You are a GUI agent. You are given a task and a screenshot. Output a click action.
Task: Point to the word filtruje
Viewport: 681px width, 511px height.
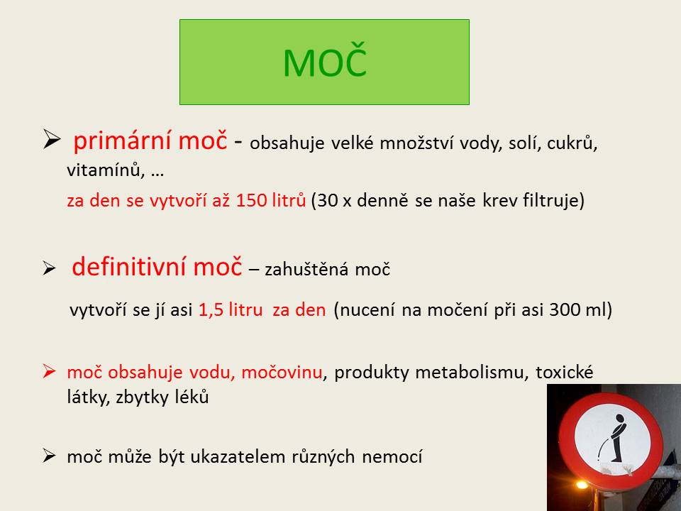tap(554, 201)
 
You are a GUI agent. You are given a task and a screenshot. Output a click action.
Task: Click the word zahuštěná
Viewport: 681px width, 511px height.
tap(306, 270)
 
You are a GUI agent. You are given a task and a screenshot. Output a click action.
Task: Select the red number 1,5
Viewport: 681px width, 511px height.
tap(211, 310)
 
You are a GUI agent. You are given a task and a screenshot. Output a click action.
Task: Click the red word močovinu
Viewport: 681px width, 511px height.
tap(282, 373)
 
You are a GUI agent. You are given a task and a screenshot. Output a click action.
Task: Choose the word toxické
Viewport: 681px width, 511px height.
tap(564, 373)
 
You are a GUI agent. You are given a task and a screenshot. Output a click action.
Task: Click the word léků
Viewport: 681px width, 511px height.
tap(192, 397)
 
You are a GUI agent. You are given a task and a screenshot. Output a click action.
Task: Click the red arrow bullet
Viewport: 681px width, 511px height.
tap(49, 371)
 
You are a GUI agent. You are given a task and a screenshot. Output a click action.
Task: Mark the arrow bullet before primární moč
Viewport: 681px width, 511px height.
tap(52, 139)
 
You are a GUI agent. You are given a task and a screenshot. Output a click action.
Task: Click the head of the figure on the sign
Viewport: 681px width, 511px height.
tap(620, 419)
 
